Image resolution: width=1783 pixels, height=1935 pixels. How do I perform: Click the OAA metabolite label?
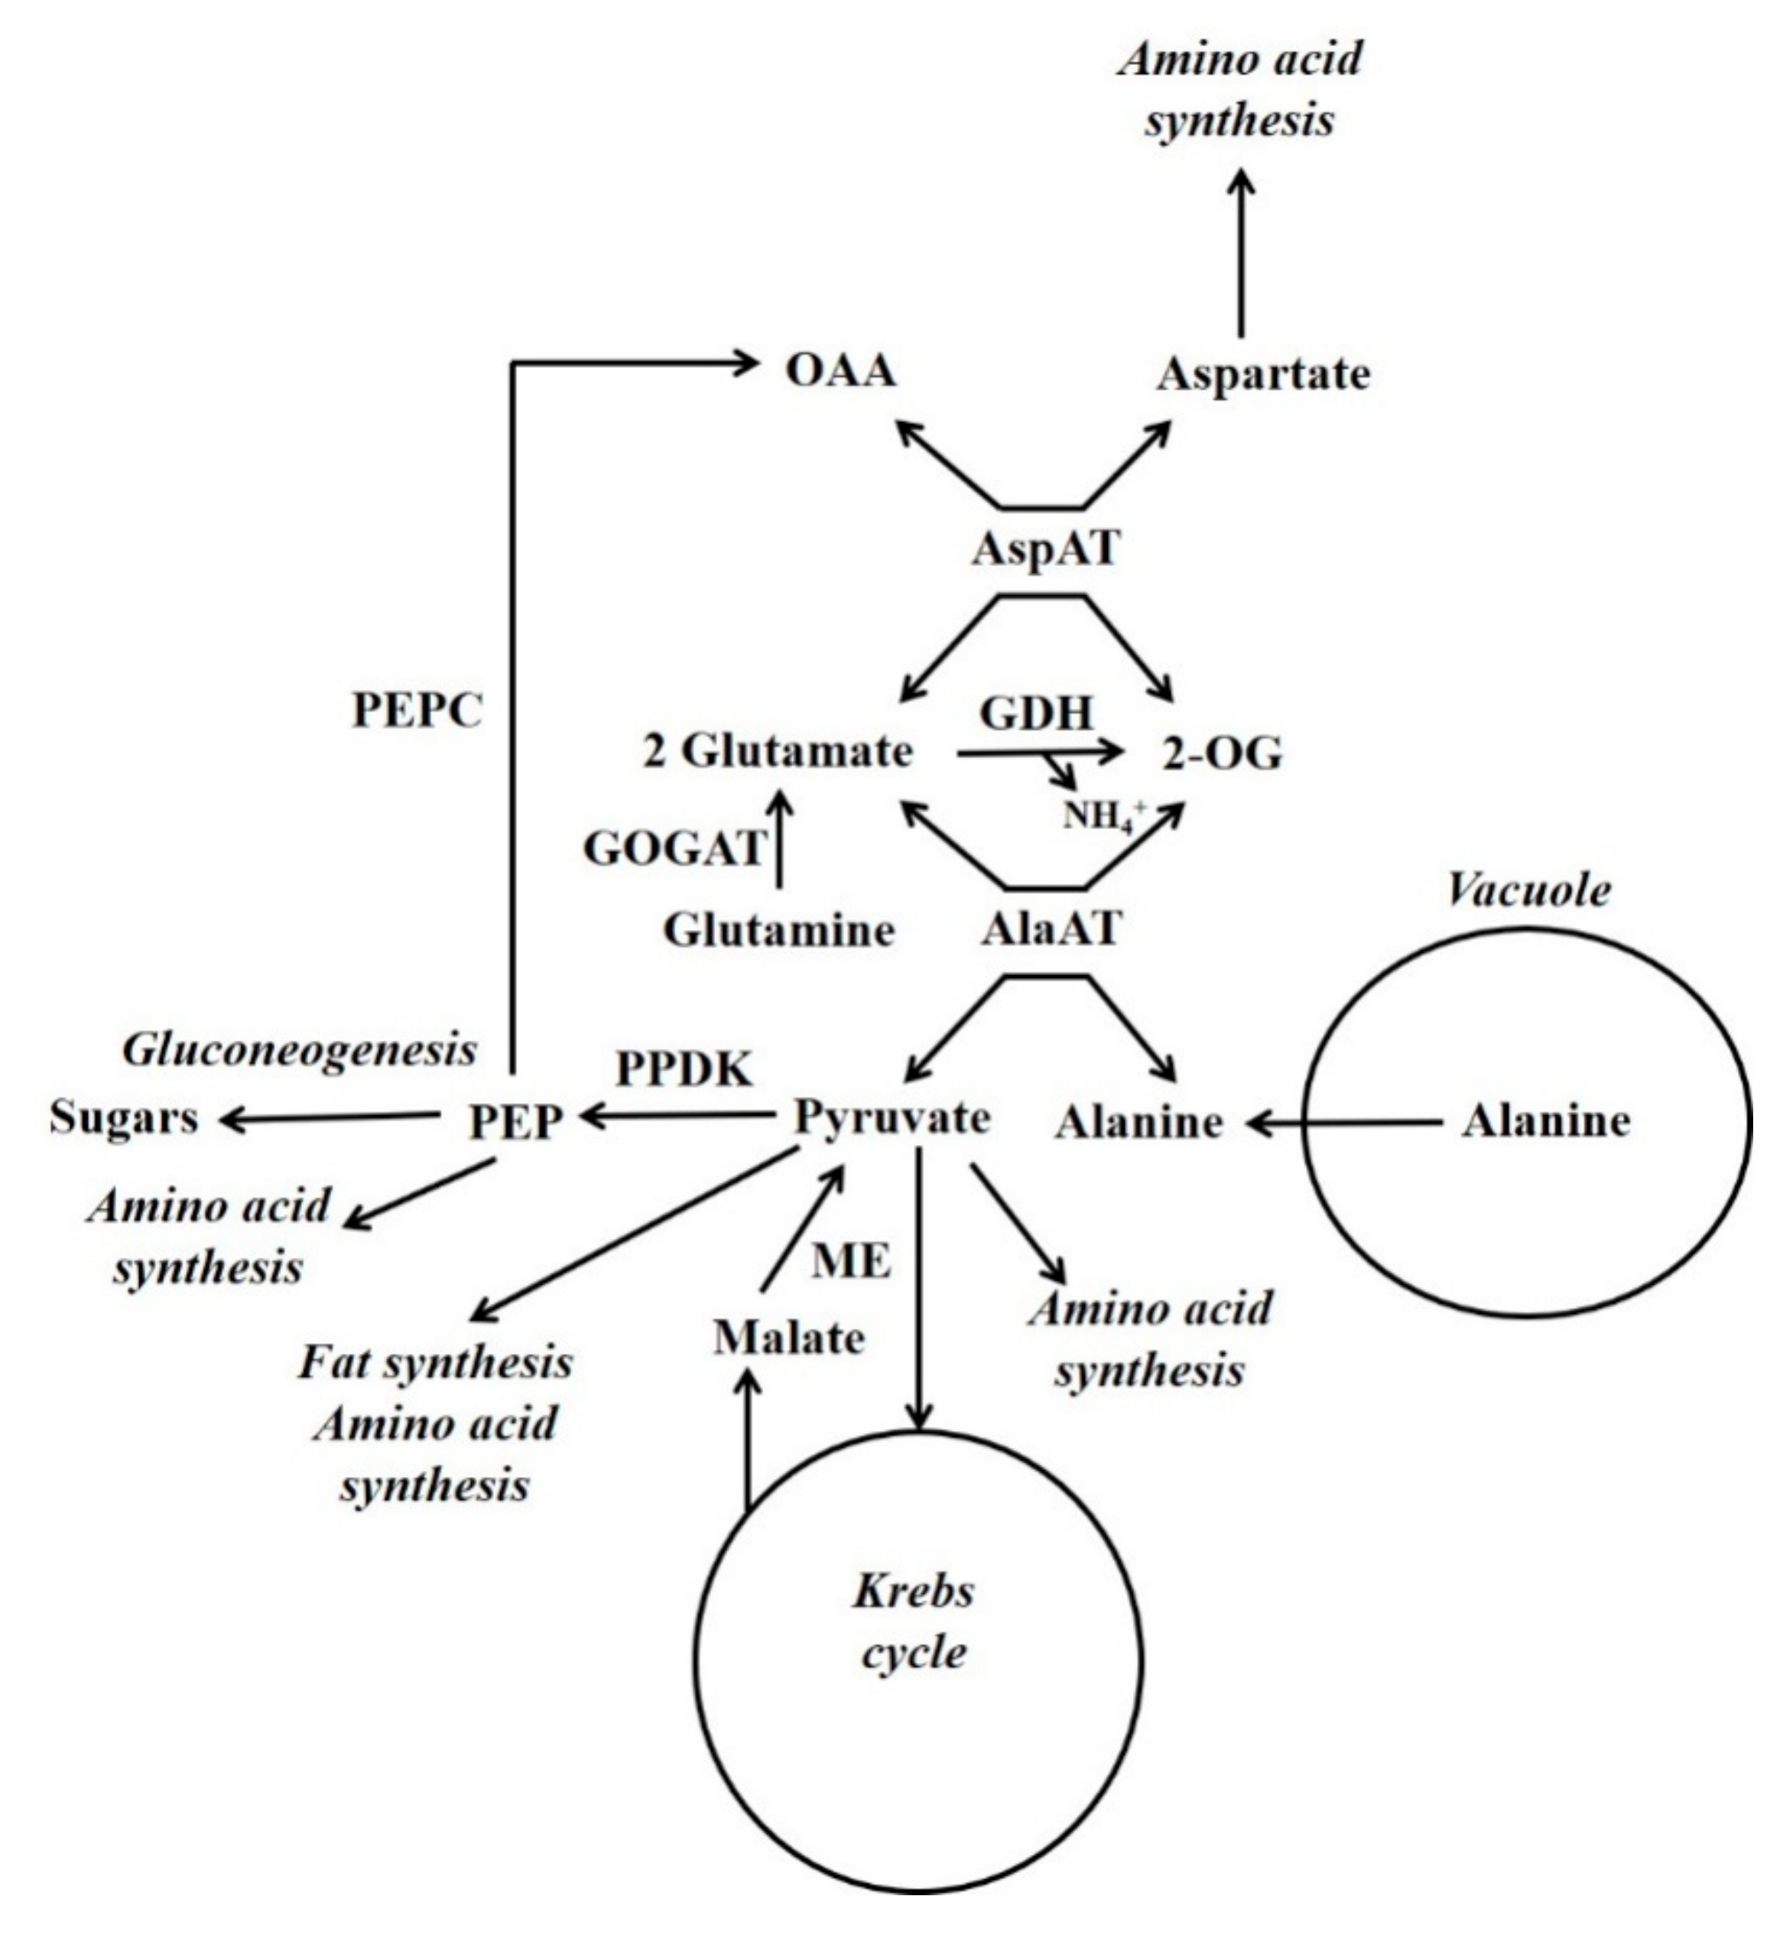click(x=840, y=372)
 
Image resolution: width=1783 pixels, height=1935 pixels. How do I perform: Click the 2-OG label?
click(x=1223, y=754)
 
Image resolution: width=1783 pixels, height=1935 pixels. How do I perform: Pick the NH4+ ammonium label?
click(x=1103, y=817)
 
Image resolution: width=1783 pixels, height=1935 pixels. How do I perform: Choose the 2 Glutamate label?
click(x=778, y=752)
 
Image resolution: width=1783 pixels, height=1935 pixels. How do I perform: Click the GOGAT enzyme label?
click(x=674, y=849)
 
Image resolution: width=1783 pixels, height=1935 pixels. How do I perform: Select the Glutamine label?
click(x=778, y=930)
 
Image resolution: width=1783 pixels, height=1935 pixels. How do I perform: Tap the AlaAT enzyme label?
click(x=1051, y=928)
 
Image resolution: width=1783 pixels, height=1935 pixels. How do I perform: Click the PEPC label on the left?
click(x=417, y=711)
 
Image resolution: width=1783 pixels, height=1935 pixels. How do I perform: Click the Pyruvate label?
click(x=891, y=1117)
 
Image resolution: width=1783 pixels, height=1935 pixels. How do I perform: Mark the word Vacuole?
click(x=1528, y=891)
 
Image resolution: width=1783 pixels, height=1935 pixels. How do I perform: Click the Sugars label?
click(x=124, y=1117)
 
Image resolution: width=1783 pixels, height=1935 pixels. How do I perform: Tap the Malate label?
click(x=788, y=1338)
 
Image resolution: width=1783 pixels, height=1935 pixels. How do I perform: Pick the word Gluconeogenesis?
click(x=299, y=1050)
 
